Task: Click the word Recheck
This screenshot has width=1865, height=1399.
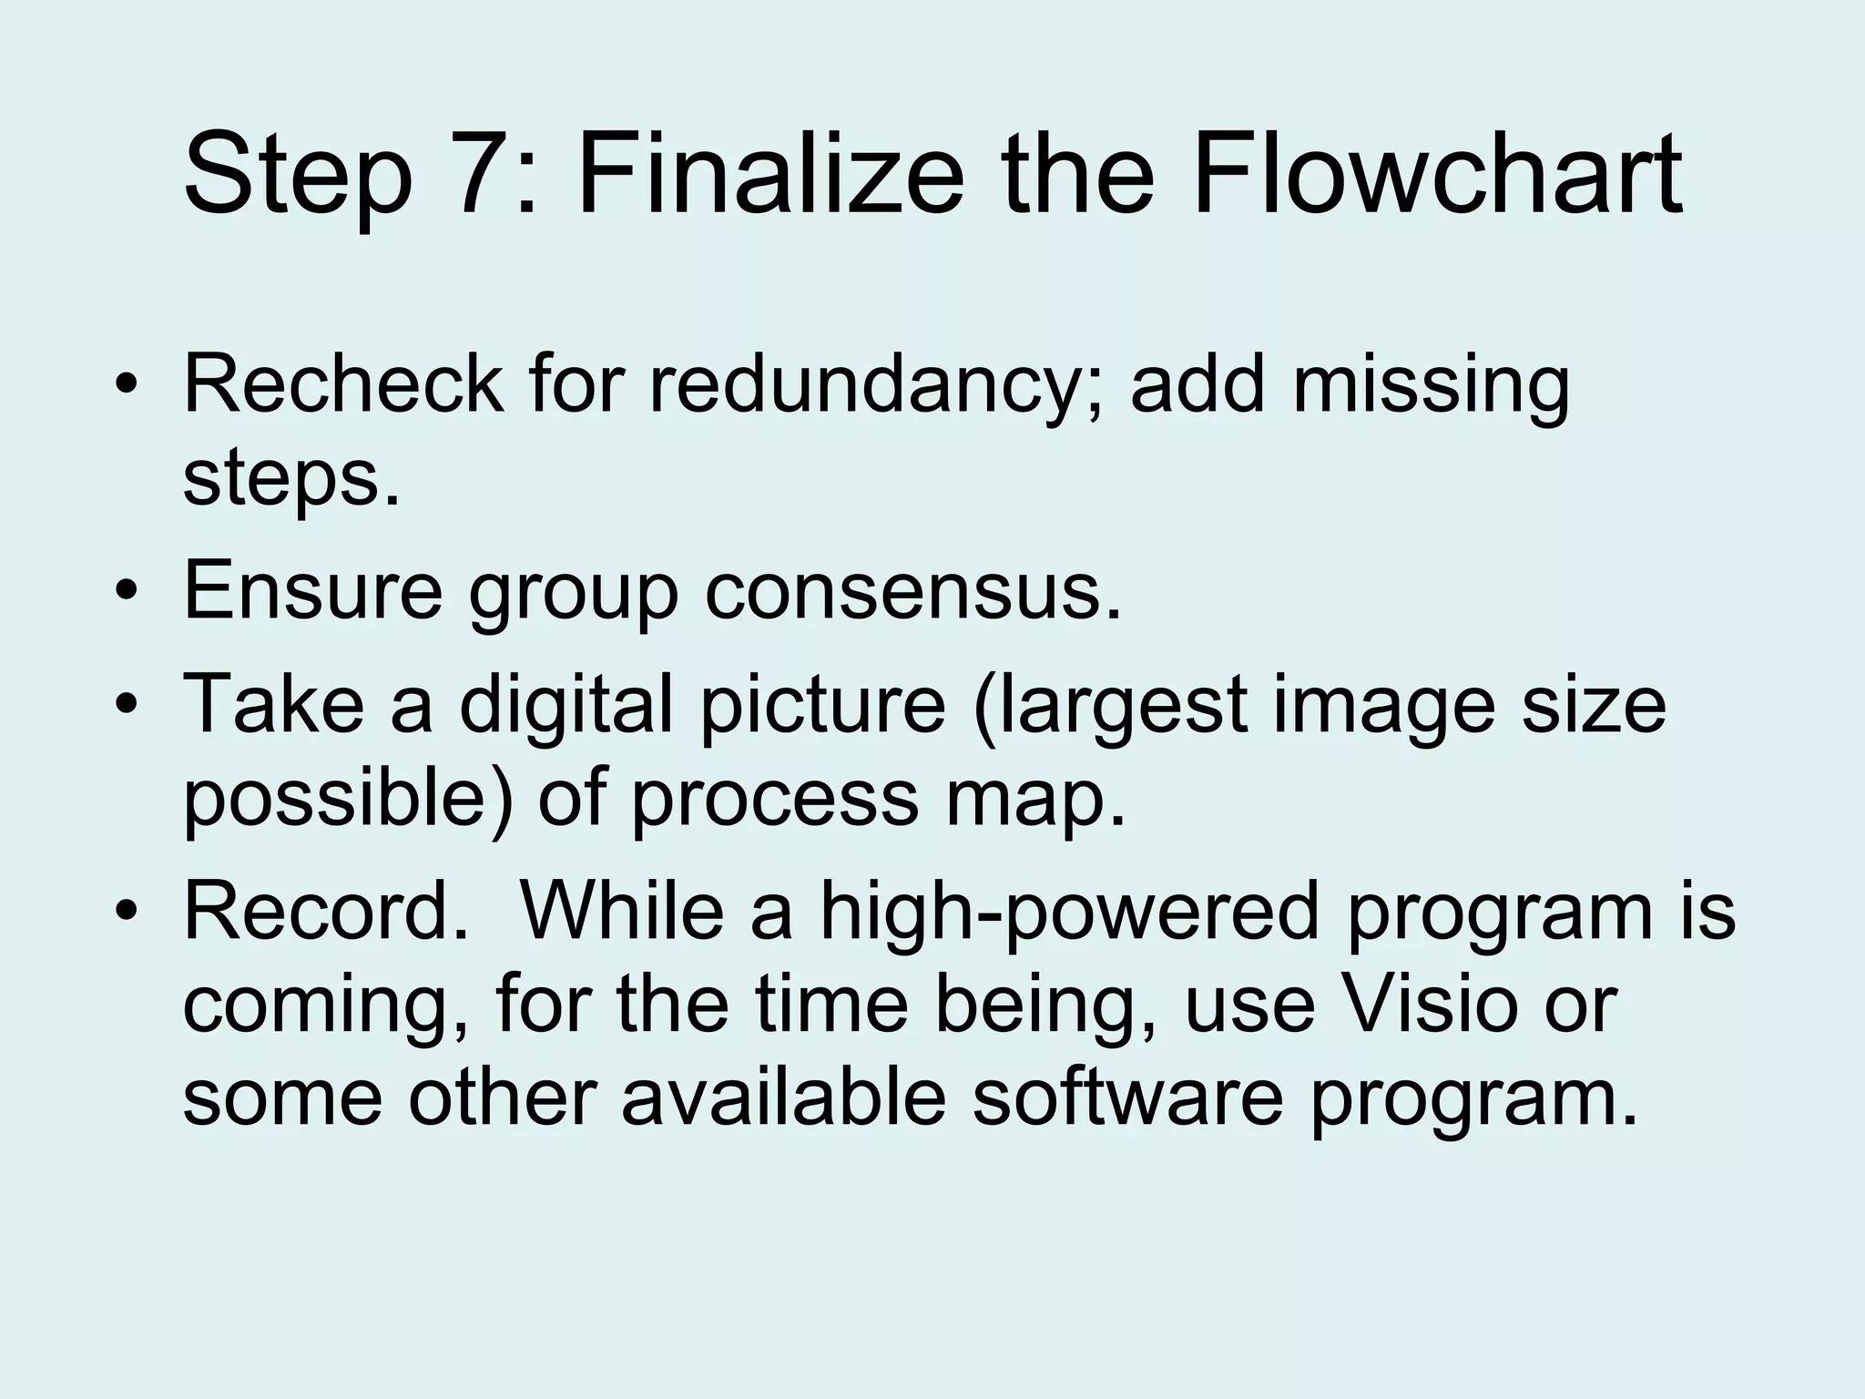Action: click(x=342, y=383)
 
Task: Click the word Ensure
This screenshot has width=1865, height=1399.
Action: click(x=312, y=590)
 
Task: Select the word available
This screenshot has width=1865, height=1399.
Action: click(x=783, y=1097)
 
